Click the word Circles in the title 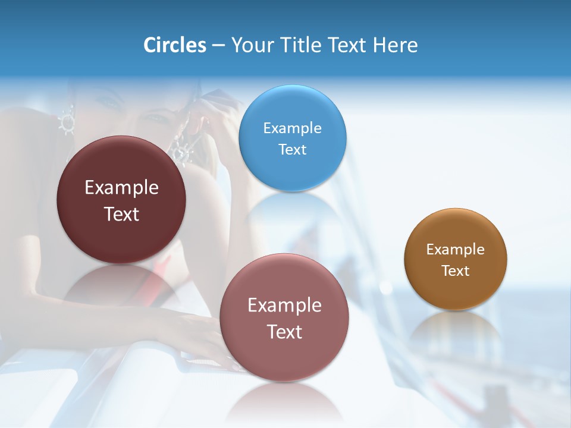point(174,45)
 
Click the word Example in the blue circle point(292,128)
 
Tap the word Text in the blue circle point(292,149)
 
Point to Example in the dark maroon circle point(121,188)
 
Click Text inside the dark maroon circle point(121,214)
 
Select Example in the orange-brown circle point(455,249)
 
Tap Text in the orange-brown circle point(455,270)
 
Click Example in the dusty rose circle point(284,305)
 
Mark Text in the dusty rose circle point(284,332)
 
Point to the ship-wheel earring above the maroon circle point(66,121)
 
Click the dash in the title point(218,46)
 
